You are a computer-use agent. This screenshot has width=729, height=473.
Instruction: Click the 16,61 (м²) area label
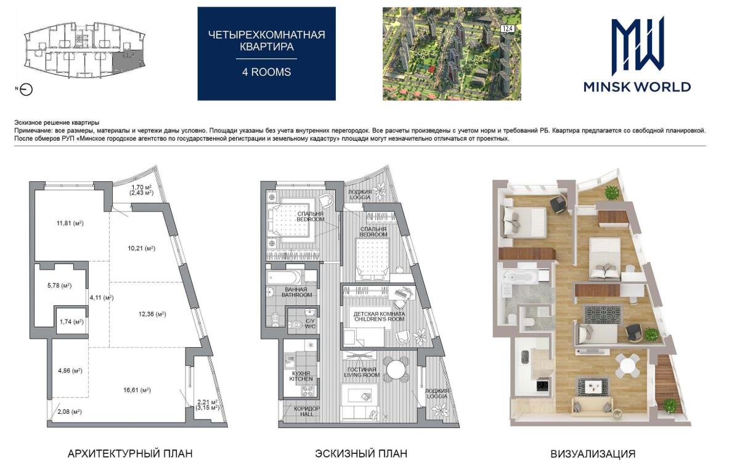pos(137,390)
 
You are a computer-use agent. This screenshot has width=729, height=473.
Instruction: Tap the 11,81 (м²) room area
pos(70,223)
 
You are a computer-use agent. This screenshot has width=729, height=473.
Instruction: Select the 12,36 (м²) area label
pos(152,314)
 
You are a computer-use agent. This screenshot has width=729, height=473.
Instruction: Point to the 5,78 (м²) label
pos(60,286)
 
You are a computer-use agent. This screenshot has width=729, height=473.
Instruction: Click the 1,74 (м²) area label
pos(71,322)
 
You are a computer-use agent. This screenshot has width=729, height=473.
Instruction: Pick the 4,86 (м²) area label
pos(70,371)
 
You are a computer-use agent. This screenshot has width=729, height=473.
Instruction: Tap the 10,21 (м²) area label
pos(142,249)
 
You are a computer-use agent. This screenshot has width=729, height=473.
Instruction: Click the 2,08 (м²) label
pos(70,411)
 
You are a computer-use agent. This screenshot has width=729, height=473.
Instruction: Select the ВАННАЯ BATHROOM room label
pos(296,292)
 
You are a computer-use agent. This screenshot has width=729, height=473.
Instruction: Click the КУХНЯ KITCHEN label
pos(301,376)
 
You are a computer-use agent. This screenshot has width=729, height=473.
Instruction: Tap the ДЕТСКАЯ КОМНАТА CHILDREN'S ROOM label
pos(380,316)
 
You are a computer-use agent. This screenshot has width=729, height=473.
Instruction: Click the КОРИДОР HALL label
pos(307,411)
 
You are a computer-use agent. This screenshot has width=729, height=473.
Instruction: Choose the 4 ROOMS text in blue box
pos(266,72)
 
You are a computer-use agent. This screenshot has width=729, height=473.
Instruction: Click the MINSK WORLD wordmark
pos(637,87)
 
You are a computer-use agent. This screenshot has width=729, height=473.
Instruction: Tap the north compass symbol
pos(26,89)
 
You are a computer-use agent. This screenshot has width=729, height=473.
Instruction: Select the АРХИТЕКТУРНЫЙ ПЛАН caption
pos(130,453)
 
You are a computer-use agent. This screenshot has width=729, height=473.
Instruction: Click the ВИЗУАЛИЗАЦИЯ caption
pos(593,454)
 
